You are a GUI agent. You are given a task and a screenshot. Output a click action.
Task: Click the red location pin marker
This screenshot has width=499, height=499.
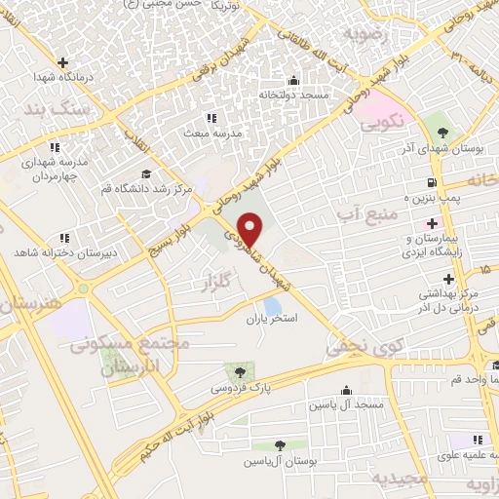coord(250,229)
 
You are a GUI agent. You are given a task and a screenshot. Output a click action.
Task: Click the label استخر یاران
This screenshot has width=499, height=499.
coord(269,319)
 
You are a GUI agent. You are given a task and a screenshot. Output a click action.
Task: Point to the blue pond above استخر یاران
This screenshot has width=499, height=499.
coord(273,306)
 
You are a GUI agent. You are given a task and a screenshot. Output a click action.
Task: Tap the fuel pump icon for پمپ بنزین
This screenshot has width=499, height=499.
coord(429,182)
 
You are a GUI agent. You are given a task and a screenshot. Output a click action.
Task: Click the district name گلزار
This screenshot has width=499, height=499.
coord(220,283)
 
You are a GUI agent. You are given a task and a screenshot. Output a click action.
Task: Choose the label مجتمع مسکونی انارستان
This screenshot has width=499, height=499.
coord(114,356)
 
